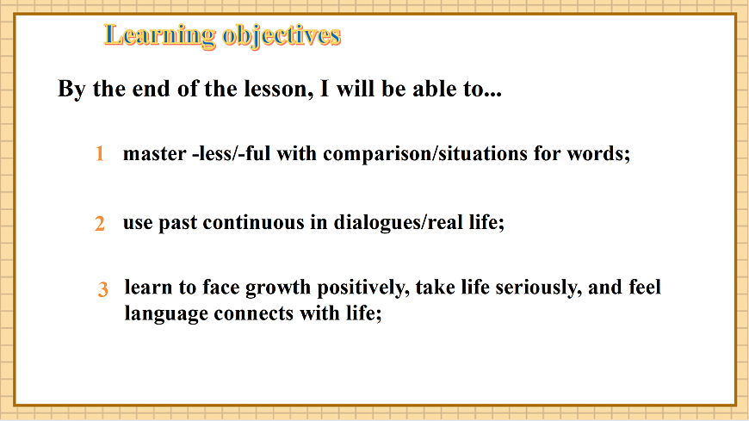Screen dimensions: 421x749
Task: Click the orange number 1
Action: (100, 155)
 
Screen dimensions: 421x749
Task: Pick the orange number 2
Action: (100, 224)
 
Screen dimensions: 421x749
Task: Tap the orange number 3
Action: (102, 290)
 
